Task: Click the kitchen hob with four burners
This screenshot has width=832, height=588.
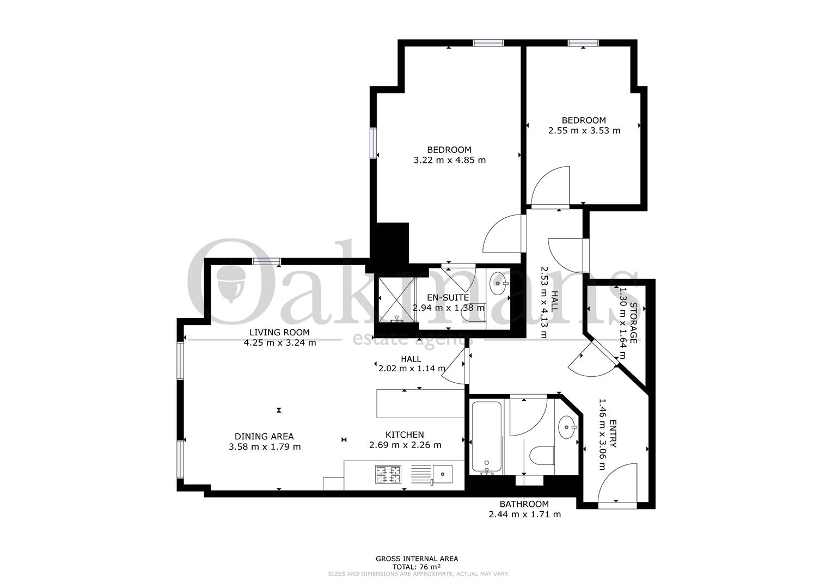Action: (389, 474)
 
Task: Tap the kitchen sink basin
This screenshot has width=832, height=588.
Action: (443, 474)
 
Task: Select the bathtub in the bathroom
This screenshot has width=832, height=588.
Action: (487, 438)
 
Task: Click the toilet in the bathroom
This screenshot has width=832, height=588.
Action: (542, 455)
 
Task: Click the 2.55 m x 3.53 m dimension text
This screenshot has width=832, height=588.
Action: (584, 130)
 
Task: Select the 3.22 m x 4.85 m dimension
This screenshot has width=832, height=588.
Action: (449, 160)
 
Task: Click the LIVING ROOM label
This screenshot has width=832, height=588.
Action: (279, 332)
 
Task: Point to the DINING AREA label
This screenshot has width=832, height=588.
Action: (264, 437)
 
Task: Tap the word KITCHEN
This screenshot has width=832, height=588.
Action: (405, 434)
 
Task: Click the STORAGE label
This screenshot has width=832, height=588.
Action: (634, 323)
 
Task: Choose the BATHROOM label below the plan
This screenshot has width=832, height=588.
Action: (524, 504)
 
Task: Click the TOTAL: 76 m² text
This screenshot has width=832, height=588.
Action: (417, 577)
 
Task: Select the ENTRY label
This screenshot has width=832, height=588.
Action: (613, 434)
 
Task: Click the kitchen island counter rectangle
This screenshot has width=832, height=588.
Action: (420, 403)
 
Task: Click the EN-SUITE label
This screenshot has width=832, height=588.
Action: (448, 297)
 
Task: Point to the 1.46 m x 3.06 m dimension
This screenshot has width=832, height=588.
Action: (602, 434)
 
